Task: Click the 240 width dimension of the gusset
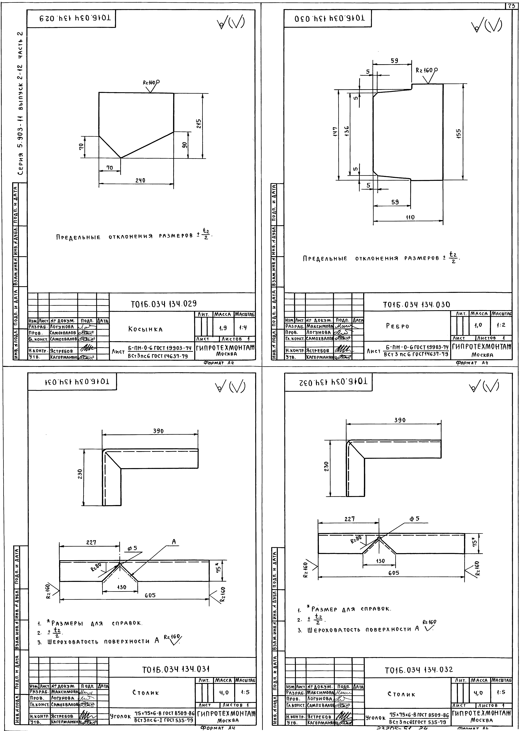tap(140, 180)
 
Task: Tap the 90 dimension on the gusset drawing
tap(184, 145)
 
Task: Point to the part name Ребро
tap(397, 326)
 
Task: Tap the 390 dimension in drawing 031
tap(158, 431)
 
